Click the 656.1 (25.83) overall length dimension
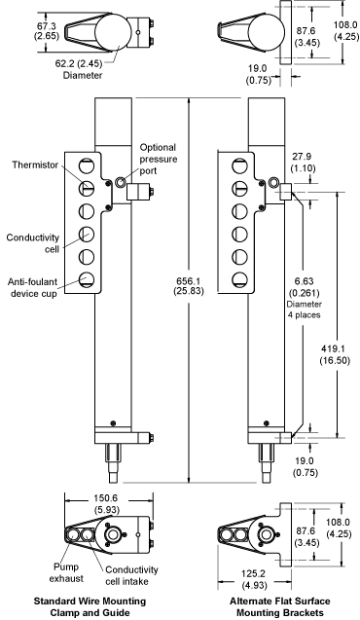pyautogui.click(x=190, y=286)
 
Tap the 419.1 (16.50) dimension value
pyautogui.click(x=335, y=354)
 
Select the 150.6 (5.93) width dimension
pyautogui.click(x=106, y=504)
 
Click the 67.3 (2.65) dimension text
pyautogui.click(x=47, y=31)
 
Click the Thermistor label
pyautogui.click(x=35, y=164)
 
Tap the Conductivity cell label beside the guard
pyautogui.click(x=33, y=243)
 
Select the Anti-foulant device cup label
pyautogui.click(x=32, y=287)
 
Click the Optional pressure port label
pyautogui.click(x=158, y=159)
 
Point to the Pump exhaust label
pyautogui.click(x=66, y=572)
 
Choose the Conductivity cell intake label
pyautogui.click(x=131, y=575)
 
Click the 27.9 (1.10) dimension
pyautogui.click(x=303, y=163)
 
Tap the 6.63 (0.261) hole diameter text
pyautogui.click(x=304, y=287)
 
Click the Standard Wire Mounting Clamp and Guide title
pyautogui.click(x=90, y=607)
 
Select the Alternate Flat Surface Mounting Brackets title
pyautogui.click(x=280, y=607)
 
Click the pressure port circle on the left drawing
pyautogui.click(x=120, y=181)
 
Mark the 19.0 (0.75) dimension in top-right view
pyautogui.click(x=259, y=74)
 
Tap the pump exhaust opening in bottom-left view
pyautogui.click(x=73, y=534)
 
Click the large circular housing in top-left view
pyautogui.click(x=113, y=31)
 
